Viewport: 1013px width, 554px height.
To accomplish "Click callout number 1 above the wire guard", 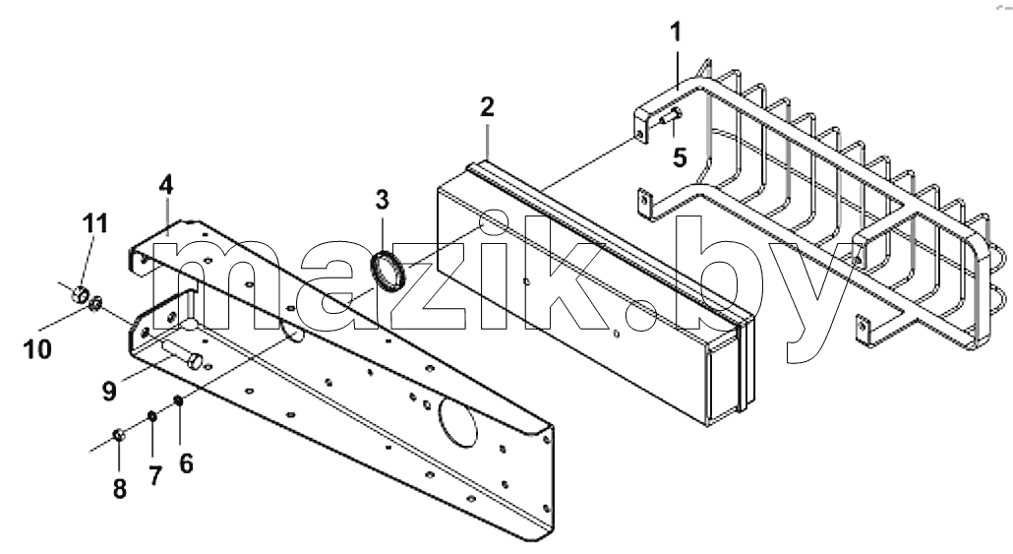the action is (x=676, y=32).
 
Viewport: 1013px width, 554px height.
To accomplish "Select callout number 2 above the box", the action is (x=487, y=106).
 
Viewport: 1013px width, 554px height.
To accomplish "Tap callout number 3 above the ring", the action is (x=383, y=200).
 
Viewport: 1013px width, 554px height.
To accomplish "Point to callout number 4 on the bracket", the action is (x=166, y=186).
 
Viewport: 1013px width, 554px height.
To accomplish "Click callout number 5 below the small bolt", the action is (x=679, y=157).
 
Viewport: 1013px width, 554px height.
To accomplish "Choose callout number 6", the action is (x=186, y=463).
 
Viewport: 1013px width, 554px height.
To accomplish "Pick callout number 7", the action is (x=154, y=476).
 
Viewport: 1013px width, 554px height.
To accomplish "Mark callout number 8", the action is (x=120, y=489).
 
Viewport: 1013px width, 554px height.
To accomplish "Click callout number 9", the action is (x=109, y=391).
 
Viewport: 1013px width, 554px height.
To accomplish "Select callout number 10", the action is (x=36, y=349).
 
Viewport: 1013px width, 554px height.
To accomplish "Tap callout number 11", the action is (x=95, y=223).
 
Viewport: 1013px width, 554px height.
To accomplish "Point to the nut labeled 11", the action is (x=80, y=294).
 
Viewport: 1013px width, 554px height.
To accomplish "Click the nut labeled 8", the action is (x=118, y=434).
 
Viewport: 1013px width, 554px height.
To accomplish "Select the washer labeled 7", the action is (x=152, y=415).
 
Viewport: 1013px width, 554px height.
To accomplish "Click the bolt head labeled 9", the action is (x=195, y=361).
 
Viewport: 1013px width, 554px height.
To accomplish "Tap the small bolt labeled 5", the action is (x=671, y=117).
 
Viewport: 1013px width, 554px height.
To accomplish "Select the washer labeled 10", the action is (x=96, y=302).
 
